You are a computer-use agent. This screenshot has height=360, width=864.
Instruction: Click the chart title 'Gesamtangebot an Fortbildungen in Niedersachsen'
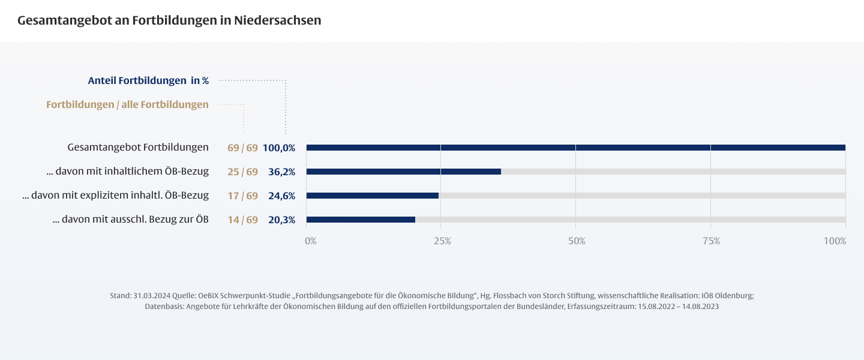point(169,20)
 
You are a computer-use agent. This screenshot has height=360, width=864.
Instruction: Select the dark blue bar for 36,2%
point(403,172)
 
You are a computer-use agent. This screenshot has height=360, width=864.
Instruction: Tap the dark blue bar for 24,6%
point(372,196)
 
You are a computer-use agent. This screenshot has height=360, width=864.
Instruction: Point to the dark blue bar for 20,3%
point(360,220)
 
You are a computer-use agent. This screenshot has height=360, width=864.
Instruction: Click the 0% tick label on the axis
point(310,241)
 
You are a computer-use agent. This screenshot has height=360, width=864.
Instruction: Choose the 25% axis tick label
point(442,241)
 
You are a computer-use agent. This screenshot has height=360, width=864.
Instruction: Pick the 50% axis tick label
point(577,241)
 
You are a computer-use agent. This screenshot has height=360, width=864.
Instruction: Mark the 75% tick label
point(711,241)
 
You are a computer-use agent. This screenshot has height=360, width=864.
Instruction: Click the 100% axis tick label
point(835,241)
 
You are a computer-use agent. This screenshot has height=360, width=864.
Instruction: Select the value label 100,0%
point(279,148)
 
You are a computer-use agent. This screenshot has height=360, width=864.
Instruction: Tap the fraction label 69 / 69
point(242,148)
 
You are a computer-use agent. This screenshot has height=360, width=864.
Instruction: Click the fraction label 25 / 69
point(242,172)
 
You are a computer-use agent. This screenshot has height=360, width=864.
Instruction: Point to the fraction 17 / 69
point(242,196)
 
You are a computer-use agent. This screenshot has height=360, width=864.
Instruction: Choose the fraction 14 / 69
point(242,220)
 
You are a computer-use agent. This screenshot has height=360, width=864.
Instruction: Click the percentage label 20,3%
point(281,220)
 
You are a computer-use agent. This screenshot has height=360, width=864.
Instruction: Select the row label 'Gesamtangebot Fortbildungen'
point(138,147)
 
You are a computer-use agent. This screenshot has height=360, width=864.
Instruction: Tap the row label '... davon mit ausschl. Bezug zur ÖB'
point(130,219)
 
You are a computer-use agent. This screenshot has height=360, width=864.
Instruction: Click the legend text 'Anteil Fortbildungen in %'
point(148,80)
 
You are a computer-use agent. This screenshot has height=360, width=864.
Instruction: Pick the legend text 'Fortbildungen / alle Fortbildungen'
point(127,104)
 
